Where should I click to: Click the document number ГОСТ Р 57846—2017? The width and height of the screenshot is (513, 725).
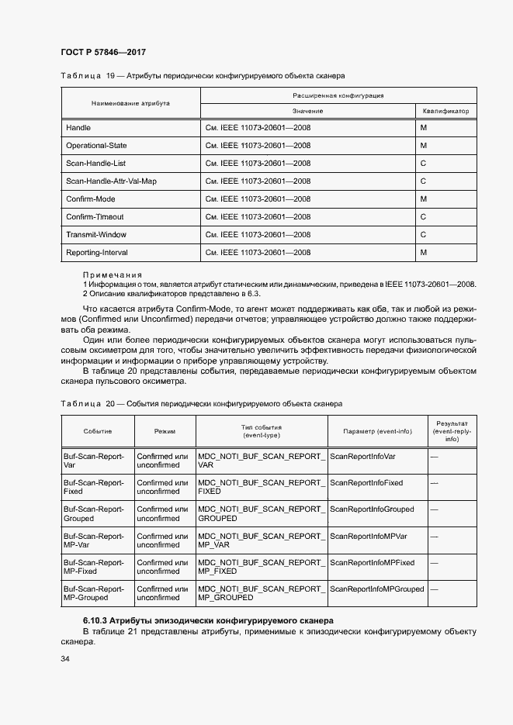click(103, 52)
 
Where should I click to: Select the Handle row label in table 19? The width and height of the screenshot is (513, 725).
click(78, 127)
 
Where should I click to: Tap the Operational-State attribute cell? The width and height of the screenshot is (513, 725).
click(96, 145)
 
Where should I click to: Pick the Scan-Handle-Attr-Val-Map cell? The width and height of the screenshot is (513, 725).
click(111, 181)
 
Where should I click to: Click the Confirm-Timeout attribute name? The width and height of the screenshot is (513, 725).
click(95, 217)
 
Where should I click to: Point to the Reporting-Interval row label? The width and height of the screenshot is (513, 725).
click(97, 253)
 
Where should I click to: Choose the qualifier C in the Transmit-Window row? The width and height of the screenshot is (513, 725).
click(423, 235)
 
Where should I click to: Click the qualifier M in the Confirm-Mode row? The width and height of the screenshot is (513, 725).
click(424, 199)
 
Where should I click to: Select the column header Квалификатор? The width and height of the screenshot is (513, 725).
click(446, 111)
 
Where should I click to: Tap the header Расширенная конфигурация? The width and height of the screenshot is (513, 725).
click(338, 95)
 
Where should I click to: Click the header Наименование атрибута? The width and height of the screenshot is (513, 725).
click(130, 103)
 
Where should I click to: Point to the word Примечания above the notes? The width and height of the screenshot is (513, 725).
click(113, 274)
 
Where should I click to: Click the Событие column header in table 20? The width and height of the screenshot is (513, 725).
click(98, 431)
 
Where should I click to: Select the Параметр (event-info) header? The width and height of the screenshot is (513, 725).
click(377, 431)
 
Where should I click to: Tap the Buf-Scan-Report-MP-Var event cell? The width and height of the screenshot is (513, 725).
click(93, 540)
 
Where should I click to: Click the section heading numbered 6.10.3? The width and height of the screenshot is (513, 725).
click(208, 620)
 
